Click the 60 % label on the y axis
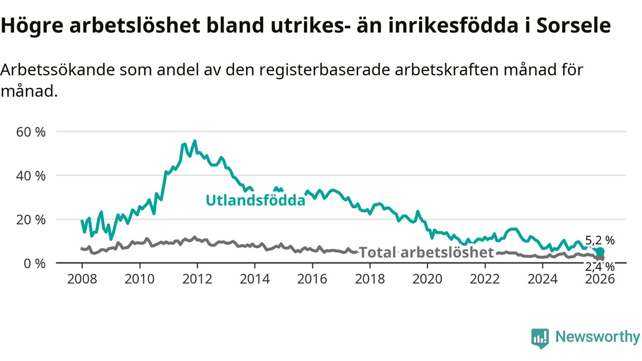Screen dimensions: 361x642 click(x=31, y=132)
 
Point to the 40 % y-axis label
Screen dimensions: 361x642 click(x=31, y=176)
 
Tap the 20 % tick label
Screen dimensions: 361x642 click(x=31, y=220)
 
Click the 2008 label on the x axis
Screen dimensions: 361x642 click(x=82, y=279)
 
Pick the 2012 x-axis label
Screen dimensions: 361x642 click(x=197, y=279)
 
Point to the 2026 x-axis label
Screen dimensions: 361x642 click(x=600, y=279)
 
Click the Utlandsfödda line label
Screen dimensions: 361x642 click(x=255, y=201)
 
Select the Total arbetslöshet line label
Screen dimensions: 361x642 click(x=426, y=253)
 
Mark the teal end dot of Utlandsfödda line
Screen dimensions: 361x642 click(x=600, y=252)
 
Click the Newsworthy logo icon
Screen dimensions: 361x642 click(x=540, y=338)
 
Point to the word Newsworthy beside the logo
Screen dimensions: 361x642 click(x=597, y=337)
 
